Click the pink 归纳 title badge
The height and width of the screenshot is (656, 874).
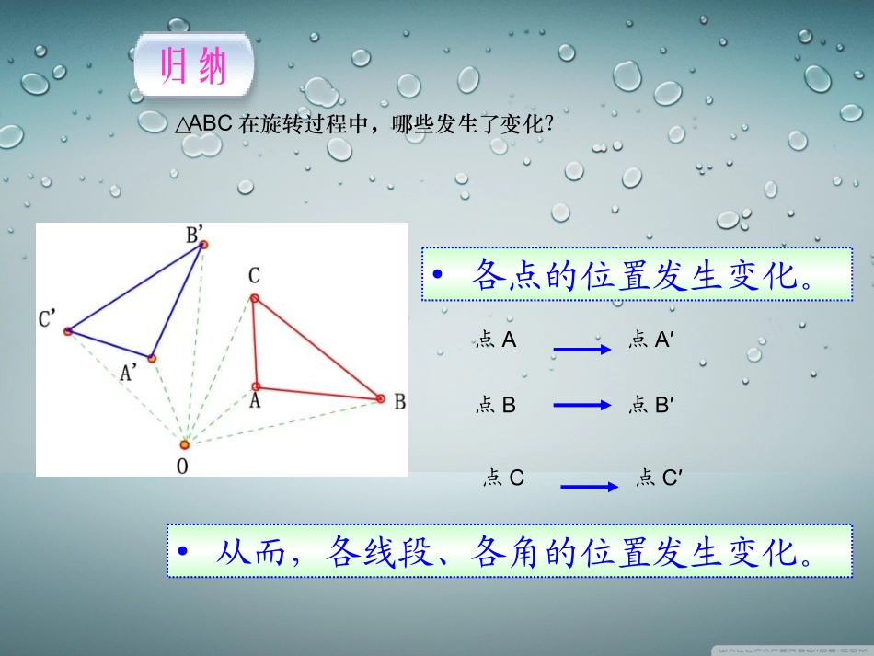pos(194,66)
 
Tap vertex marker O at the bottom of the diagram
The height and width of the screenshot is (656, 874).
pos(185,443)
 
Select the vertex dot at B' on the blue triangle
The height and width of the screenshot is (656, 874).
pos(204,244)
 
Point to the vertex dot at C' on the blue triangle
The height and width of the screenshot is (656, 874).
pos(67,331)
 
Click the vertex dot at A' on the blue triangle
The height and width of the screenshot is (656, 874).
pos(152,358)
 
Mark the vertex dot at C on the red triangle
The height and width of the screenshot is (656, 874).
pos(254,297)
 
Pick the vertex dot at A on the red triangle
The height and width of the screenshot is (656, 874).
pos(257,386)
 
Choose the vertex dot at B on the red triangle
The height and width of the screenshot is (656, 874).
pos(380,398)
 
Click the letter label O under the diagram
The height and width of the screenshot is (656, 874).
pos(182,466)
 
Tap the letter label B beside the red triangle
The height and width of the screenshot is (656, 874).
pos(399,402)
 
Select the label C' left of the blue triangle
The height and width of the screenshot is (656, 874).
pos(47,318)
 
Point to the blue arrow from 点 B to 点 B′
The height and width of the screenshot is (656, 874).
pos(582,405)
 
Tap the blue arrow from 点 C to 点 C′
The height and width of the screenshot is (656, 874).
pos(589,487)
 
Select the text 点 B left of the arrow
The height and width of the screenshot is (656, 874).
pos(496,405)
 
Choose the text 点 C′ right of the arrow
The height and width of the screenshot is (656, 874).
pos(659,478)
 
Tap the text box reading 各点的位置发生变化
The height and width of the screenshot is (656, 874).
pos(637,273)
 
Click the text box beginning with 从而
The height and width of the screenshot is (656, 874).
pos(509,550)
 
